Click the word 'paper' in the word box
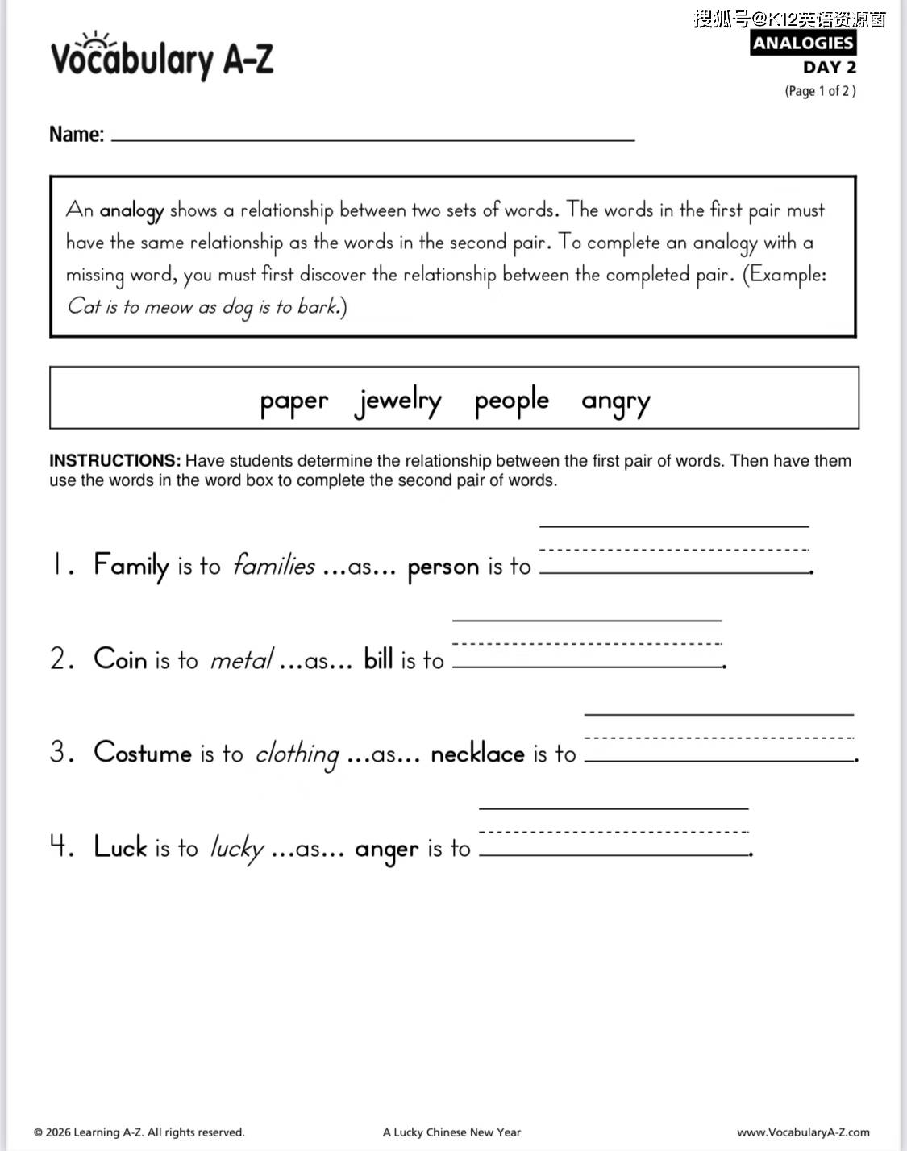[x=293, y=401]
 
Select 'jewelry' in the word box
[x=398, y=401]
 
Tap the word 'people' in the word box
[x=511, y=401]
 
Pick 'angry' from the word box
[x=615, y=401]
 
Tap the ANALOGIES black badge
[x=802, y=43]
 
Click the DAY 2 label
[x=829, y=68]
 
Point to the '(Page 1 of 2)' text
[x=820, y=91]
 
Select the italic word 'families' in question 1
[x=273, y=566]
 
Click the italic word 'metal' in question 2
[x=241, y=660]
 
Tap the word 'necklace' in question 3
[x=477, y=754]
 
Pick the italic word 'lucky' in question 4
[x=236, y=848]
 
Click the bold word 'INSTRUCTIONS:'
[x=114, y=461]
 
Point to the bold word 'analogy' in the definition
[x=131, y=211]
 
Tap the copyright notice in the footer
[x=139, y=1132]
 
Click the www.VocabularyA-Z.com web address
[x=803, y=1132]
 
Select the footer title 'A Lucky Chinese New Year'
[x=451, y=1132]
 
